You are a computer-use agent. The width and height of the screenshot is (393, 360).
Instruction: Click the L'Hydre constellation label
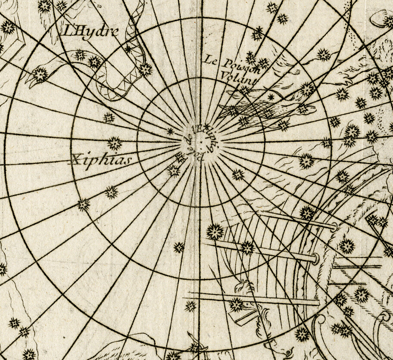click(x=90, y=31)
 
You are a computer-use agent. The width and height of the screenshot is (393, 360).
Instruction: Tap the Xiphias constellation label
click(x=100, y=160)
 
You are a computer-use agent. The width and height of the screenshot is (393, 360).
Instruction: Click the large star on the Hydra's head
click(x=41, y=74)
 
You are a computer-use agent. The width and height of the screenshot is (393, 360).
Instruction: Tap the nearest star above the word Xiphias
click(x=114, y=143)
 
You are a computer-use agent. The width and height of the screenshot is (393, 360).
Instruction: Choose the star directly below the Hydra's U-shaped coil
click(x=109, y=118)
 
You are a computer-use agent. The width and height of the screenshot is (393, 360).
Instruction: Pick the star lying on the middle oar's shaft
click(x=247, y=248)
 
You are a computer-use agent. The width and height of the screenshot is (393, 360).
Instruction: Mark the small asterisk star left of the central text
click(x=170, y=131)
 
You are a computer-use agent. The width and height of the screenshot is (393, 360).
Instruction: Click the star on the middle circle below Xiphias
click(x=83, y=205)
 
